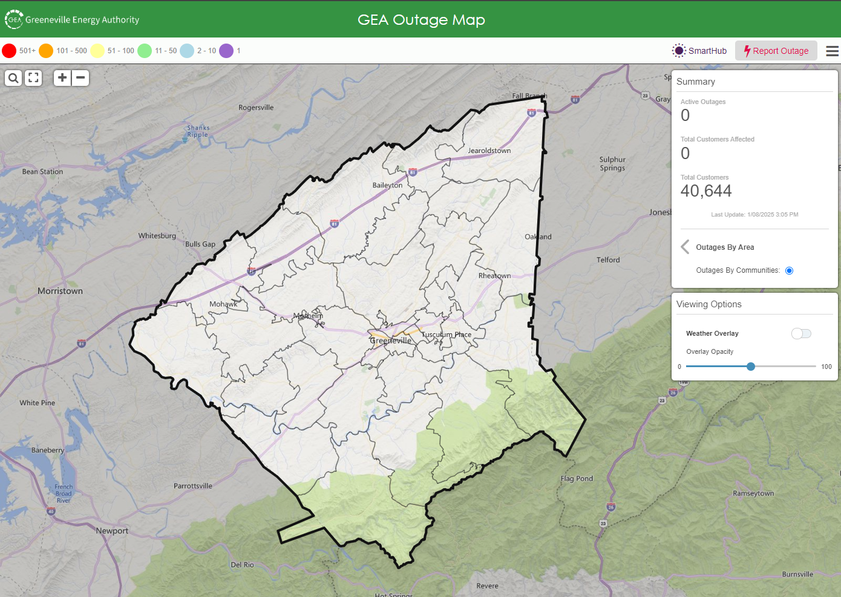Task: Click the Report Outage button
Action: [x=776, y=51]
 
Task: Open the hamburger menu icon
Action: [x=832, y=51]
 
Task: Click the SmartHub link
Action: [x=699, y=51]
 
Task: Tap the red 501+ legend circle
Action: [x=9, y=51]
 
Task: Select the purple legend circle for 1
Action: [x=226, y=51]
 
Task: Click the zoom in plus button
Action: [x=62, y=77]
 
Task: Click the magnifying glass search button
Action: [x=13, y=78]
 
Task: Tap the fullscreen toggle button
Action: [x=33, y=78]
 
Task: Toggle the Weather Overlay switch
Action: [x=801, y=333]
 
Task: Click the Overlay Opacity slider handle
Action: [x=751, y=367]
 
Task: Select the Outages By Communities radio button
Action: [x=789, y=270]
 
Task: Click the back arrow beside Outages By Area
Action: [x=685, y=247]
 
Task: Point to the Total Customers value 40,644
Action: [x=706, y=191]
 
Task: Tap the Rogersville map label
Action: [x=256, y=108]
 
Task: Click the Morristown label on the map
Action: [x=60, y=291]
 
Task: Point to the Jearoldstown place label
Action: [x=489, y=151]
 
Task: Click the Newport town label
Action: [x=112, y=531]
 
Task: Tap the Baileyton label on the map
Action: [x=387, y=185]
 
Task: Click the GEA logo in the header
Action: [x=14, y=19]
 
